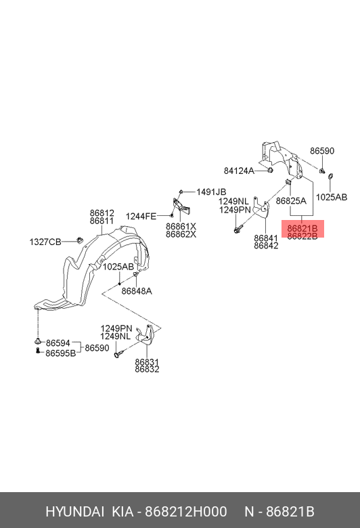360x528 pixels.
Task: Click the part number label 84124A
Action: pyautogui.click(x=239, y=171)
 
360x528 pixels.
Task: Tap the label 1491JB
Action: pyautogui.click(x=211, y=192)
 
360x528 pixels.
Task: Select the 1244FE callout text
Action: pyautogui.click(x=141, y=216)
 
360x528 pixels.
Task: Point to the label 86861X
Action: pyautogui.click(x=181, y=226)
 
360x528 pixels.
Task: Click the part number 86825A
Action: pyautogui.click(x=291, y=201)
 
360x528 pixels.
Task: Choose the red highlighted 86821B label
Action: pyautogui.click(x=302, y=228)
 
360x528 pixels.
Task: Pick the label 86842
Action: pyautogui.click(x=266, y=246)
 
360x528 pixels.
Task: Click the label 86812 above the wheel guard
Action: pyautogui.click(x=102, y=213)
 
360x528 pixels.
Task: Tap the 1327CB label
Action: pyautogui.click(x=45, y=242)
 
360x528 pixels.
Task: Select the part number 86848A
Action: pyautogui.click(x=137, y=291)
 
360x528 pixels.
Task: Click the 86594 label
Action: pyautogui.click(x=58, y=343)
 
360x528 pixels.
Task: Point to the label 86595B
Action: pyautogui.click(x=61, y=353)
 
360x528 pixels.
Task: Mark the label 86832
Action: pyautogui.click(x=147, y=370)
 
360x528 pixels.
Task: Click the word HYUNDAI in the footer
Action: pyautogui.click(x=74, y=512)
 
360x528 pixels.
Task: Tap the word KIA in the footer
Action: pyautogui.click(x=122, y=512)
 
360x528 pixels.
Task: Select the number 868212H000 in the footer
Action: pyautogui.click(x=186, y=512)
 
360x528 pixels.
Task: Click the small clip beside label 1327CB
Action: pyautogui.click(x=79, y=240)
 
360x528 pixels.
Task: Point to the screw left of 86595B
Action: pyautogui.click(x=38, y=351)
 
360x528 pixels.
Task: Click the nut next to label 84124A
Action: pyautogui.click(x=270, y=170)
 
